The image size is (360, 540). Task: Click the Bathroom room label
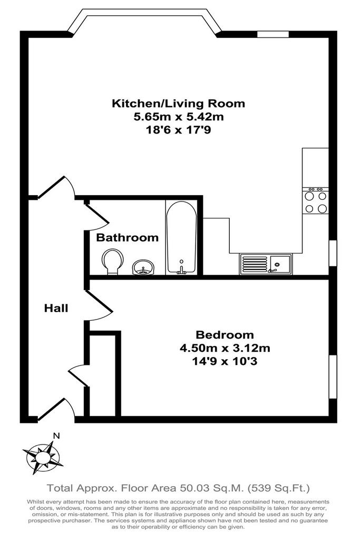point(127,238)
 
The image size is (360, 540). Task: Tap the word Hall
point(56,308)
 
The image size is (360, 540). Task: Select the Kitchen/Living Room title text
point(178,103)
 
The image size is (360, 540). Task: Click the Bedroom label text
point(225,335)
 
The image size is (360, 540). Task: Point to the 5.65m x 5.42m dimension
point(179,117)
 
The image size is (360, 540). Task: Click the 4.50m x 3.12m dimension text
point(225,348)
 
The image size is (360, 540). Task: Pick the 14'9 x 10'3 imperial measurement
point(225,362)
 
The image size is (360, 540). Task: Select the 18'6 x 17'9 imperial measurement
point(179,130)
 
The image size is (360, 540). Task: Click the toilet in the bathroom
point(112,262)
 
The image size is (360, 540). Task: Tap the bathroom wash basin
point(143,267)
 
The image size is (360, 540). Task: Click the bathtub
point(181,238)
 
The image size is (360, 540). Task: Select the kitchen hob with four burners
point(316,200)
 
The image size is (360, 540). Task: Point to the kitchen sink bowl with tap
point(280,264)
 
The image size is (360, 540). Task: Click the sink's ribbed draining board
point(255,264)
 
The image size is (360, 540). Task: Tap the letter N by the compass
point(56,436)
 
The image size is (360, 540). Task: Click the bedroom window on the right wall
point(333,377)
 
